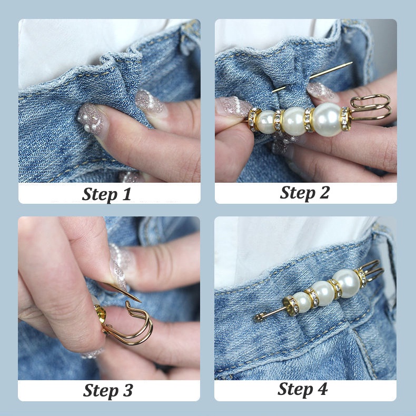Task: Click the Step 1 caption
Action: pyautogui.click(x=107, y=194)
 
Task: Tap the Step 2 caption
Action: pyautogui.click(x=304, y=193)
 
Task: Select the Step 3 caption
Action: pyautogui.click(x=108, y=391)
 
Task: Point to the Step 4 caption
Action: pyautogui.click(x=302, y=390)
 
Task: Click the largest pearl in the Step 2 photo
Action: pyautogui.click(x=327, y=120)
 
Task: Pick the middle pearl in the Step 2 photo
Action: pyautogui.click(x=294, y=121)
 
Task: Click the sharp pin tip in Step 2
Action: pyautogui.click(x=352, y=63)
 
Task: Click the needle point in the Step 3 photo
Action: pyautogui.click(x=140, y=301)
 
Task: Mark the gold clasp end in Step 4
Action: pyautogui.click(x=371, y=270)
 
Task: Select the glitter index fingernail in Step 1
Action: pyautogui.click(x=150, y=103)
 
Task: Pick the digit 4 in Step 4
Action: pyautogui.click(x=322, y=389)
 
